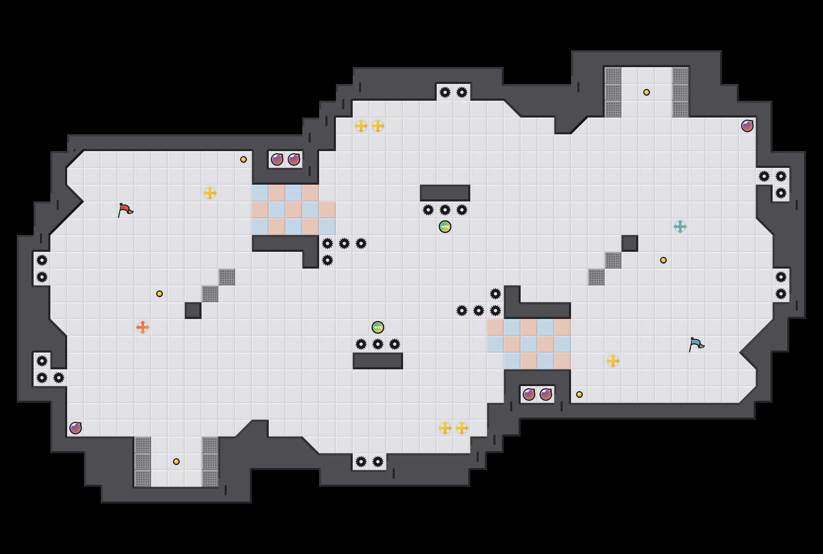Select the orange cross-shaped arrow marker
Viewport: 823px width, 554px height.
pyautogui.click(x=143, y=327)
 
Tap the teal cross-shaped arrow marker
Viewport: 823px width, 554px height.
pyautogui.click(x=680, y=227)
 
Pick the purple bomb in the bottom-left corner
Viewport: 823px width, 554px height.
pyautogui.click(x=76, y=428)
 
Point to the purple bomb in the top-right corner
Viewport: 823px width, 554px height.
pyautogui.click(x=747, y=126)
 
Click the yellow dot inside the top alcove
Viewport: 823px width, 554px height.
pyautogui.click(x=647, y=92)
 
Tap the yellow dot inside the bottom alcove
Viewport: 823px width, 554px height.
pyautogui.click(x=176, y=462)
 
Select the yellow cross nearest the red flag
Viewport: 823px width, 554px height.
pyautogui.click(x=210, y=193)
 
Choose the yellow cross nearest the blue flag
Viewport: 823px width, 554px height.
pyautogui.click(x=613, y=361)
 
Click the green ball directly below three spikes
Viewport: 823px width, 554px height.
pyautogui.click(x=445, y=227)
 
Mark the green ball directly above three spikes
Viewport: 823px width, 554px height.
pyautogui.click(x=378, y=327)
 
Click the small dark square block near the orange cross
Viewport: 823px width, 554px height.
pyautogui.click(x=193, y=311)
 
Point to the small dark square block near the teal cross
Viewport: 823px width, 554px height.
pyautogui.click(x=630, y=243)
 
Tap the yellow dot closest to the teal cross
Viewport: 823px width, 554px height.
pyautogui.click(x=663, y=260)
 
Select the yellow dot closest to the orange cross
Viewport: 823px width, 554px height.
pyautogui.click(x=160, y=294)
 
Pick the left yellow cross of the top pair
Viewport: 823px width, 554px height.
pyautogui.click(x=361, y=126)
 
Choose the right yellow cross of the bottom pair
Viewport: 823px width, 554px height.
pyautogui.click(x=462, y=428)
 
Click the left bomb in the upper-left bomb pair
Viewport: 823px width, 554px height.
pyautogui.click(x=277, y=159)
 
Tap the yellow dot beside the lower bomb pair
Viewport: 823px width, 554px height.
pyautogui.click(x=579, y=395)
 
